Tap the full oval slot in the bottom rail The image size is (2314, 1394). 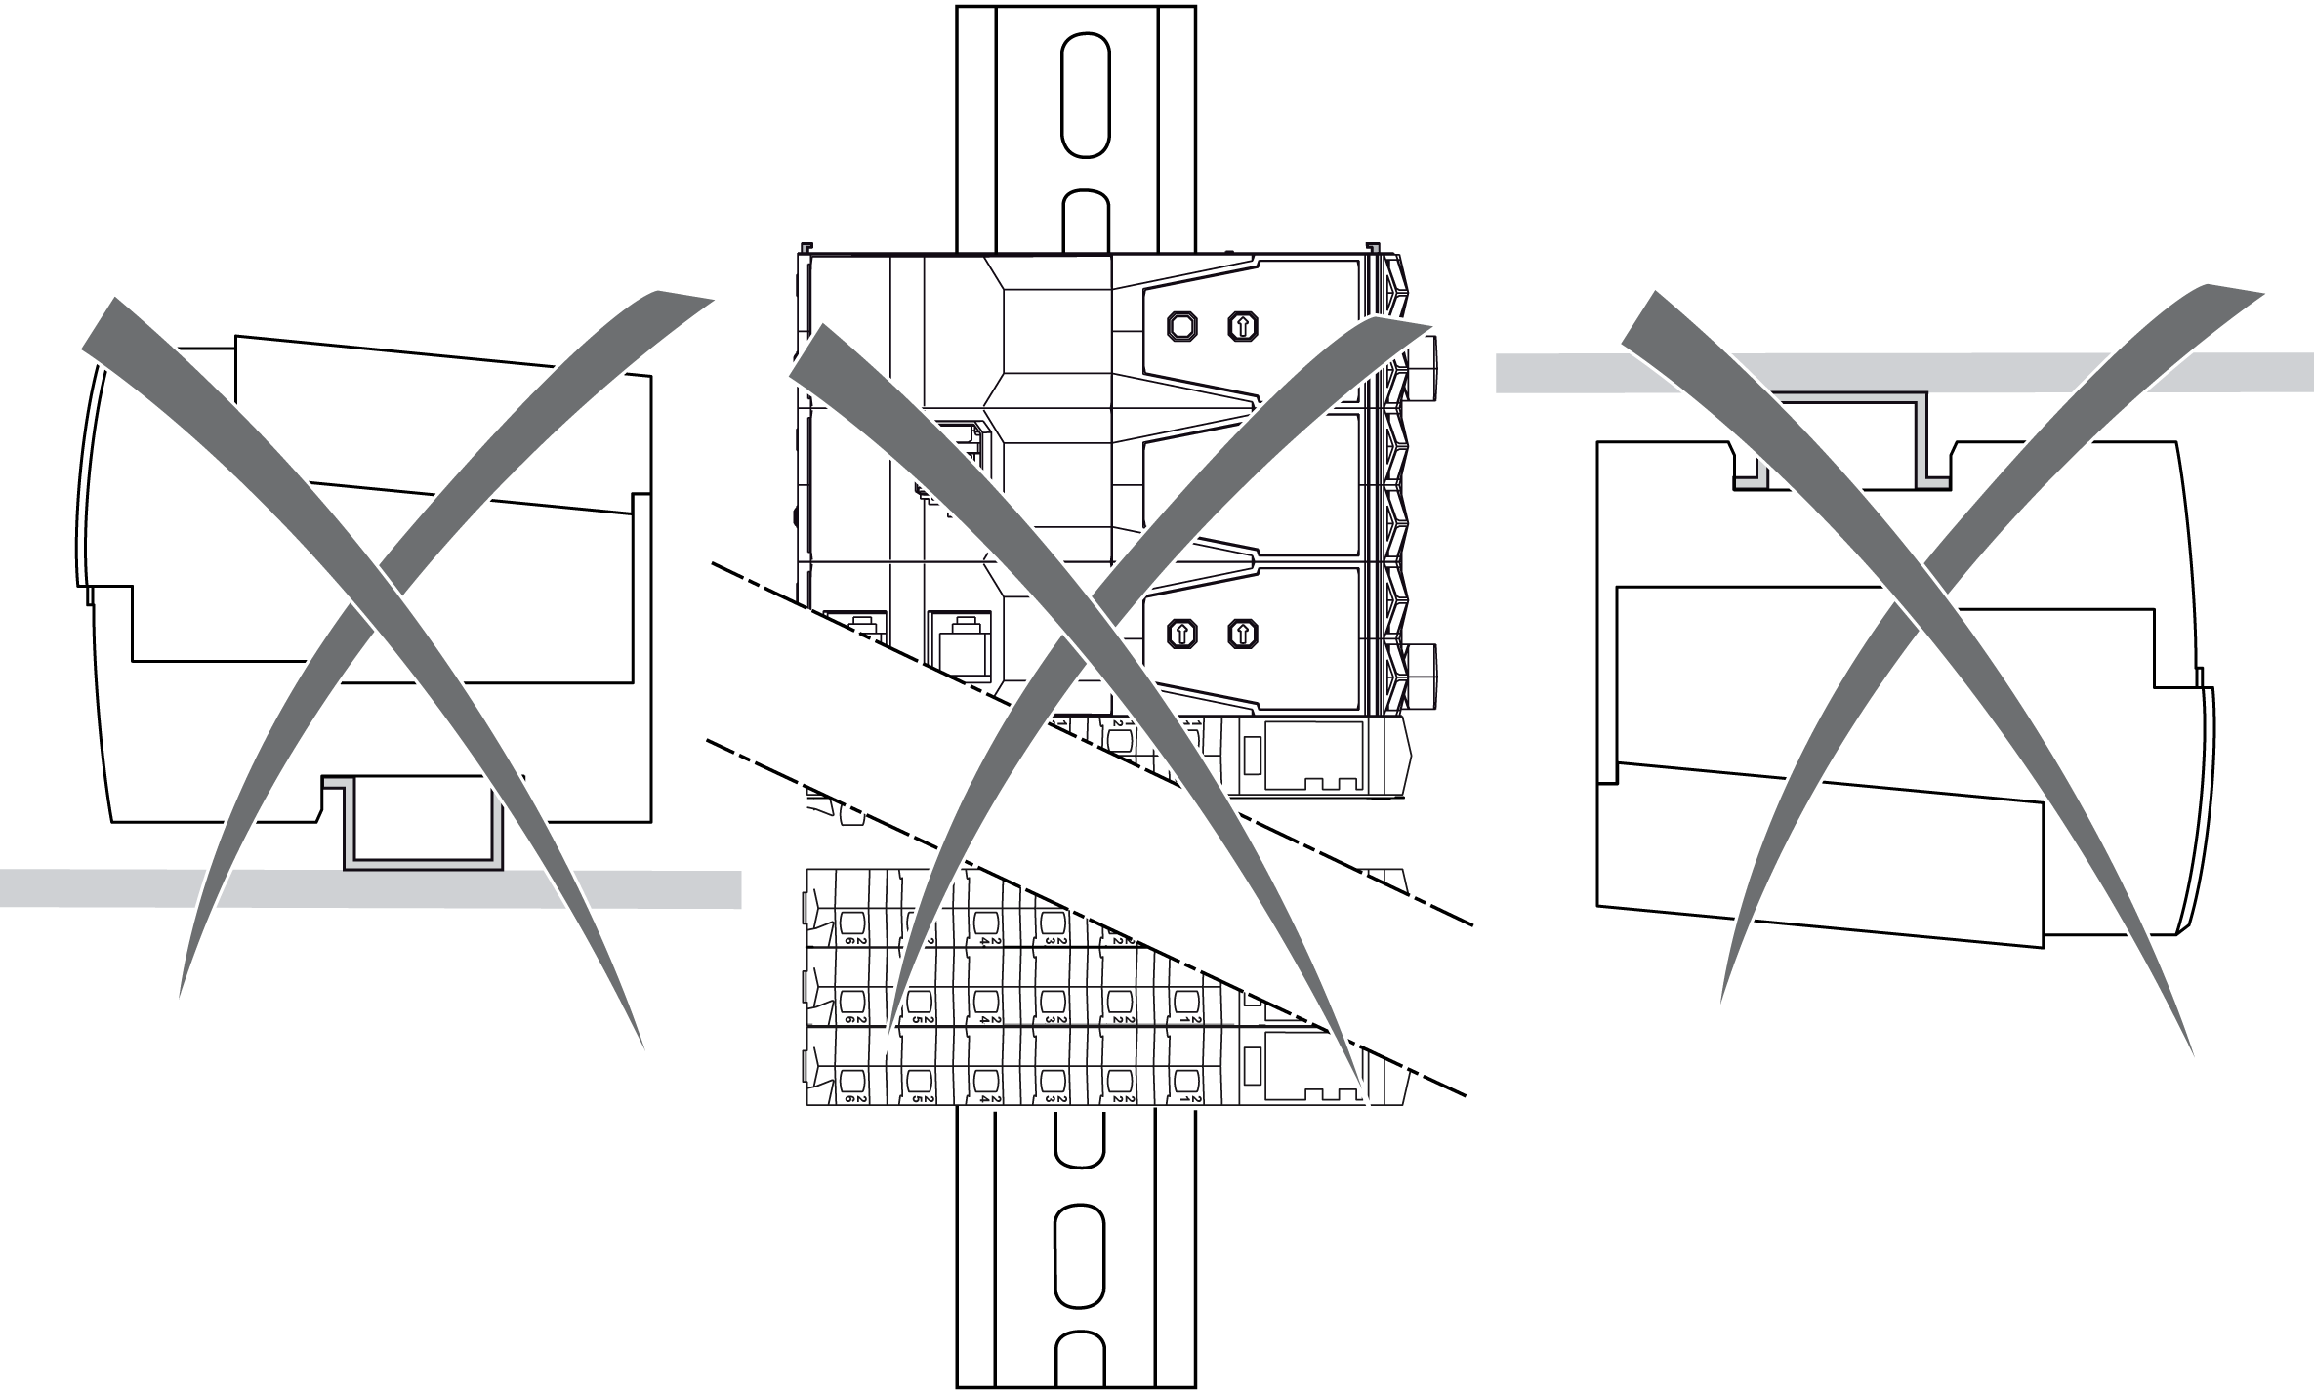coord(1078,1253)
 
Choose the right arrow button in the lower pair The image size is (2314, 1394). coord(1242,634)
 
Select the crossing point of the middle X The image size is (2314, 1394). coord(1094,625)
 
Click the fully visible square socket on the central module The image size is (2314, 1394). coord(961,644)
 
